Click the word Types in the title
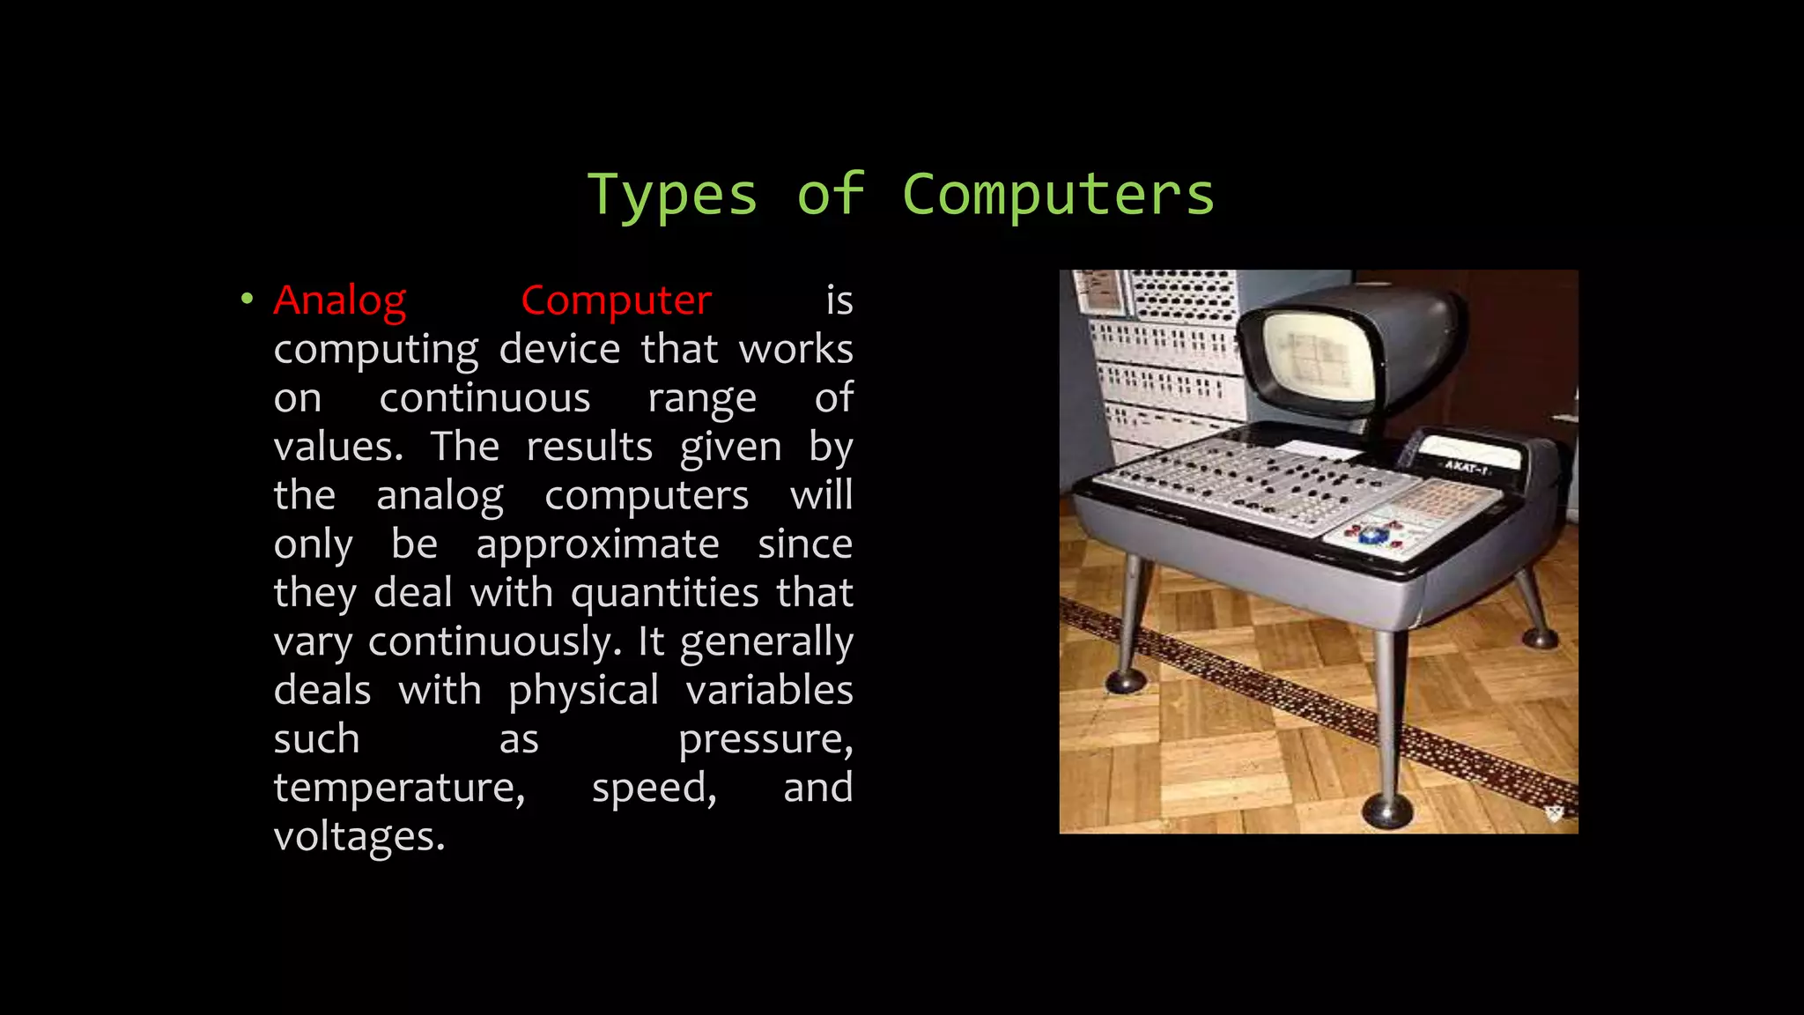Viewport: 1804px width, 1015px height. pos(672,196)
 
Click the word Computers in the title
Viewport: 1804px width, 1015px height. pos(1058,196)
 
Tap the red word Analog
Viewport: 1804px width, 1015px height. pos(340,301)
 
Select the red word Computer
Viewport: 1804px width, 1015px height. pos(616,301)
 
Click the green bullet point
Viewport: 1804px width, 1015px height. pos(247,300)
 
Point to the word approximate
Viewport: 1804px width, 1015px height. pos(597,545)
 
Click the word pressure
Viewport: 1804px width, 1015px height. pos(765,739)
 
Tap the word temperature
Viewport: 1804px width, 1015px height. pos(399,788)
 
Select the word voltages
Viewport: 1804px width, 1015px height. pos(359,836)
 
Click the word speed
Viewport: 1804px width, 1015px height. pos(654,788)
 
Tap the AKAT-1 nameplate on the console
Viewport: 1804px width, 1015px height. pos(1465,466)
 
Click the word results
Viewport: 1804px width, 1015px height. pos(589,448)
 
